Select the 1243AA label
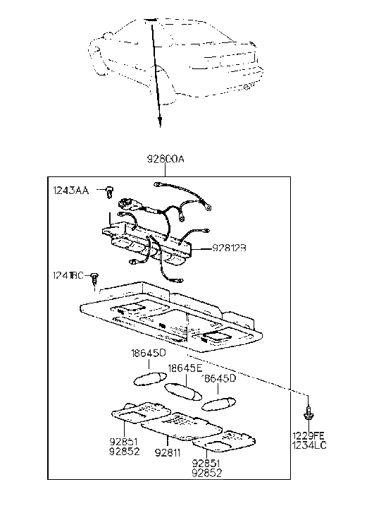70,191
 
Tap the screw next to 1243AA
109,191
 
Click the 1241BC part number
68,275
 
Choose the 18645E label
185,368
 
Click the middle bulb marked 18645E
182,390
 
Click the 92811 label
168,454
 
